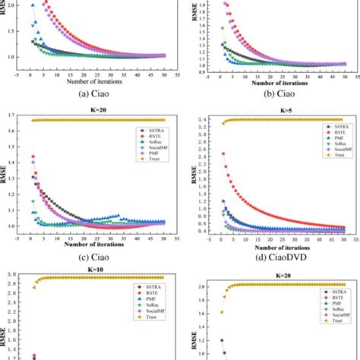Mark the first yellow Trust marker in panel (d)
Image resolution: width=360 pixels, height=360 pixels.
pyautogui.click(x=223, y=123)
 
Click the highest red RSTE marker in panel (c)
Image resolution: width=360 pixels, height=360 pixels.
pyautogui.click(x=32, y=157)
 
